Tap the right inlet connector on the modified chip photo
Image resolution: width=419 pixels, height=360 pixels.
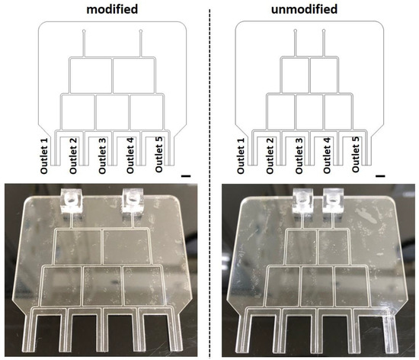click(134, 201)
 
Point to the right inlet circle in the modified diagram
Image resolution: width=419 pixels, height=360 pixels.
click(142, 31)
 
